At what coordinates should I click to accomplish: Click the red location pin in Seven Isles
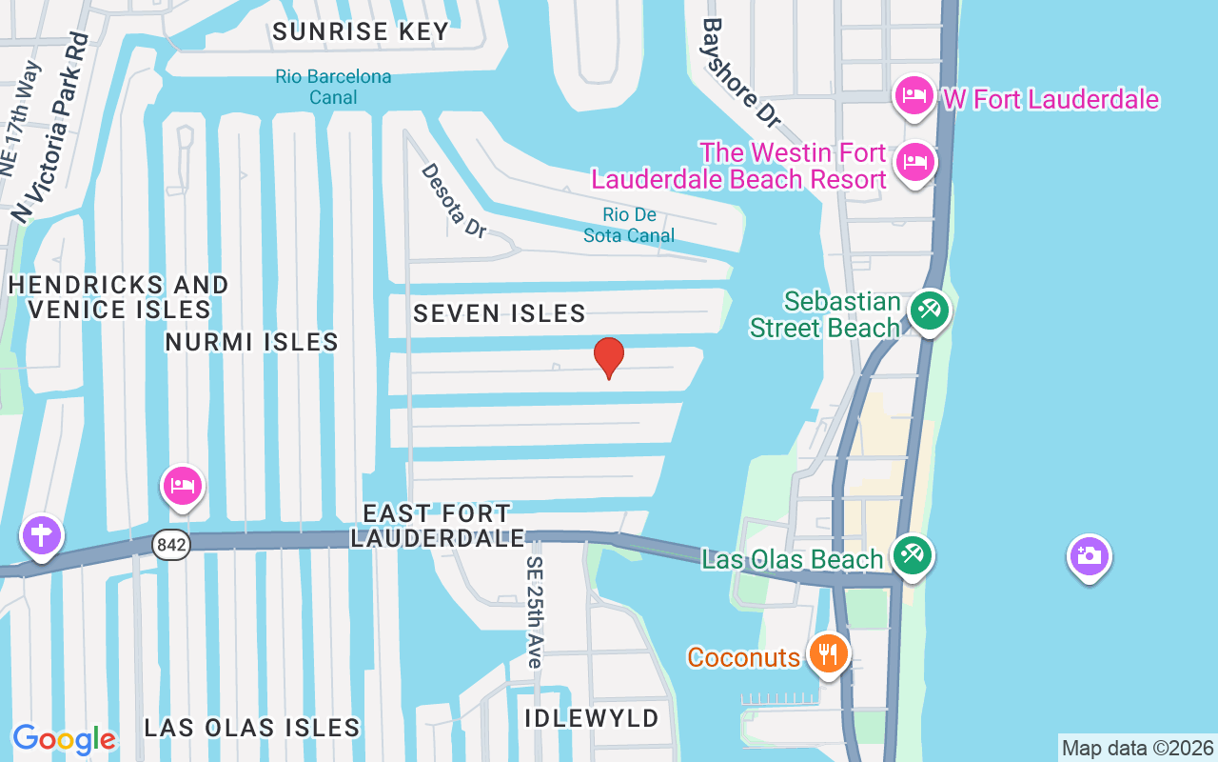[609, 357]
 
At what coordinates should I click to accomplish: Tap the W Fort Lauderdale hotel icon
[913, 96]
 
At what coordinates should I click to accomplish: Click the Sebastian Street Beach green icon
[929, 310]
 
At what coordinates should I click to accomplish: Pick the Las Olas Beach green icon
[913, 555]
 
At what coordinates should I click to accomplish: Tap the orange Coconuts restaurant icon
[829, 654]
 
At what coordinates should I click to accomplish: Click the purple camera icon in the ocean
[1089, 555]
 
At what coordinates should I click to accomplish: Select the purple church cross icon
[41, 535]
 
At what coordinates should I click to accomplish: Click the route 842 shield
[169, 545]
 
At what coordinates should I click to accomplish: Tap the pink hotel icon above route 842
[182, 487]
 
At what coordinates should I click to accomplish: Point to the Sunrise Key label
[361, 31]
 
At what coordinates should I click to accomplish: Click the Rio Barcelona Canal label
[333, 87]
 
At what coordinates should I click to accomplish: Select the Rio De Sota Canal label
[629, 226]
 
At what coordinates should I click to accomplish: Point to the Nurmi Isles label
[251, 342]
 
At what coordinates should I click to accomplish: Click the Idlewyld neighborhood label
[592, 718]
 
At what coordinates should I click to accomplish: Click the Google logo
[64, 738]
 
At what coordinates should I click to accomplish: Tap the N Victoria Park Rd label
[50, 128]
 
